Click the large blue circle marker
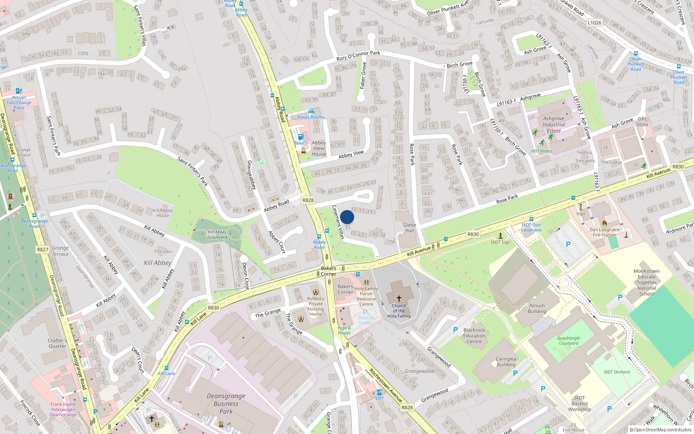click(347, 217)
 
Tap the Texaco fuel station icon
click(301, 137)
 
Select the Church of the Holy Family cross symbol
click(399, 299)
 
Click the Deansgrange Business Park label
click(226, 403)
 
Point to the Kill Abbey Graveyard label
click(217, 234)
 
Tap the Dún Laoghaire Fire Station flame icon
click(605, 223)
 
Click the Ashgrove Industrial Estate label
click(553, 125)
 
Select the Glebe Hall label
click(409, 227)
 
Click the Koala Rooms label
click(311, 117)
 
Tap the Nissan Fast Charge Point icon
click(19, 91)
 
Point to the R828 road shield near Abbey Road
click(308, 200)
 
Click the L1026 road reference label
click(594, 23)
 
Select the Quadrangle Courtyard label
click(568, 341)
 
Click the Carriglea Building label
click(506, 362)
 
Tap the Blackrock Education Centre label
click(474, 335)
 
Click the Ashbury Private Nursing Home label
click(316, 306)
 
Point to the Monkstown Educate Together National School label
click(646, 283)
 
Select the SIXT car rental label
click(379, 398)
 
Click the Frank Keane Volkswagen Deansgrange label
click(63, 409)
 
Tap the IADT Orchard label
click(616, 372)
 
